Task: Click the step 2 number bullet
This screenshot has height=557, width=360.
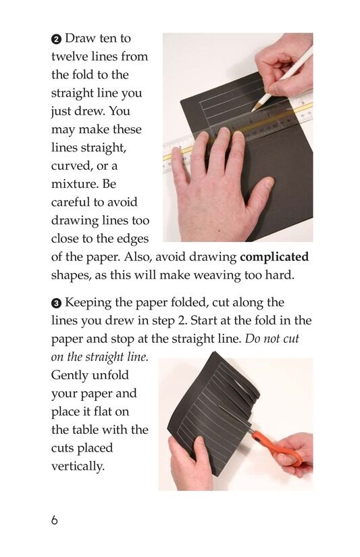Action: [57, 39]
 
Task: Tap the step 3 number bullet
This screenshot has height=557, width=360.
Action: [57, 303]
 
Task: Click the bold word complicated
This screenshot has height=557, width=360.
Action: [274, 257]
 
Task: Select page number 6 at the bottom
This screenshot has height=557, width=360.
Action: [54, 520]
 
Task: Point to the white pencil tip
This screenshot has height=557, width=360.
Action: [253, 109]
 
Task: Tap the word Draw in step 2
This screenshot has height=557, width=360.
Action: [80, 38]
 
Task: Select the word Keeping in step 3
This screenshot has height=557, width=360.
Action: [88, 303]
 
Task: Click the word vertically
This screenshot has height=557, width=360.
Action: [78, 466]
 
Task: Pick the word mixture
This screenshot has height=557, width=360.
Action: [75, 184]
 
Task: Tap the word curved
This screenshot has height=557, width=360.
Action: [75, 166]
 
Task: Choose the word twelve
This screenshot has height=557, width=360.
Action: [70, 57]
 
